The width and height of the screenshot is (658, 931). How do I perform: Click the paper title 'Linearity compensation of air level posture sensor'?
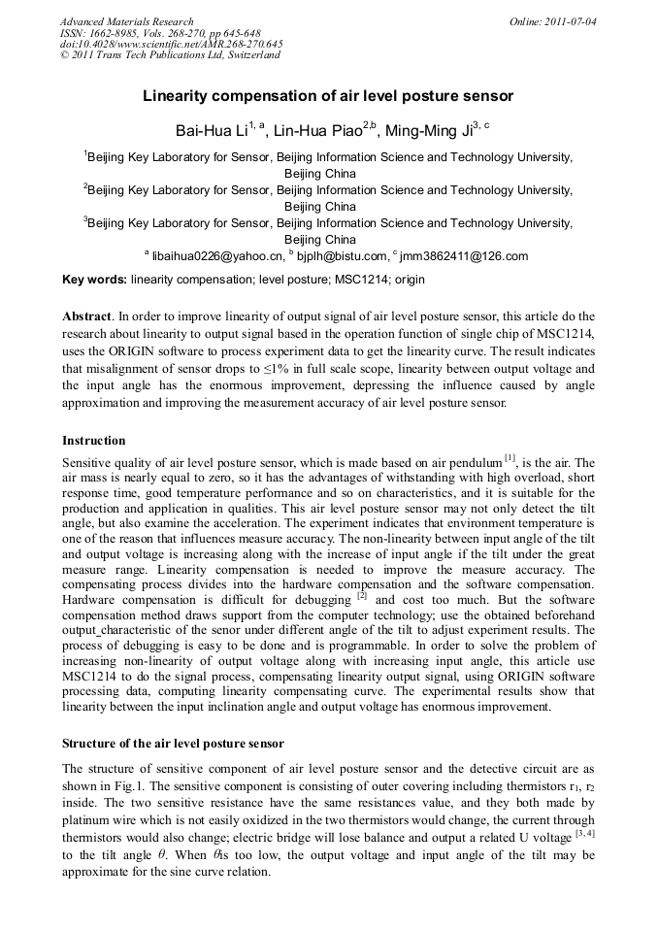[x=328, y=97]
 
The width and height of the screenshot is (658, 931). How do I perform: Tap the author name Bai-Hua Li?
[x=211, y=130]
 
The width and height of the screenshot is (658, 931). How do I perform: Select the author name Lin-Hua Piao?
[x=306, y=130]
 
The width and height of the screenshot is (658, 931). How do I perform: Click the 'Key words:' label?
[x=93, y=280]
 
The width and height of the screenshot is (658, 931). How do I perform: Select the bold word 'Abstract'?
[x=86, y=316]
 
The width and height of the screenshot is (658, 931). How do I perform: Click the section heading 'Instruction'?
[x=93, y=441]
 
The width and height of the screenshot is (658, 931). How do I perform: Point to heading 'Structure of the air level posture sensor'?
[x=173, y=744]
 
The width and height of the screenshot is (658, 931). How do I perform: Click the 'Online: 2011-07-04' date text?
[x=552, y=21]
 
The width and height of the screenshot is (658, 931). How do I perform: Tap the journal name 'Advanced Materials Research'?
[x=126, y=21]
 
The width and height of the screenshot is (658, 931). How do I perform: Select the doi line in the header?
[x=171, y=44]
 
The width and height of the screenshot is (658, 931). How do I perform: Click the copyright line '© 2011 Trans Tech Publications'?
[x=169, y=55]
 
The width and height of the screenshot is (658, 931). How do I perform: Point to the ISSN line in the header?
[x=160, y=33]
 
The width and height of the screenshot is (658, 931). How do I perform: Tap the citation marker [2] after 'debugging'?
[x=361, y=595]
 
